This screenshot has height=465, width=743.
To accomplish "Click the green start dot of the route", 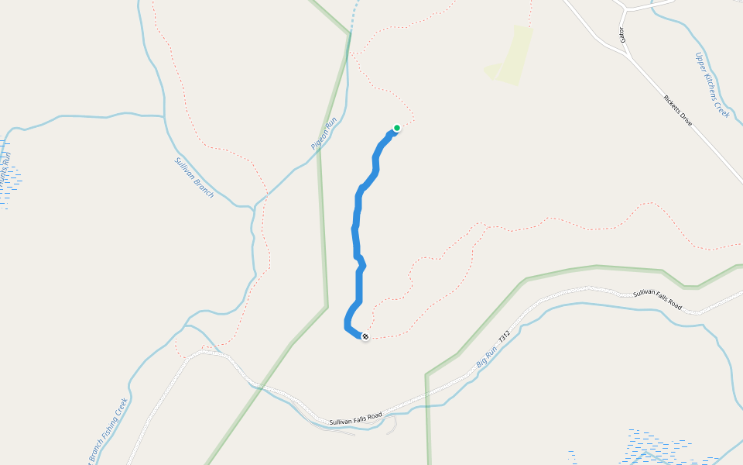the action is click(x=397, y=128).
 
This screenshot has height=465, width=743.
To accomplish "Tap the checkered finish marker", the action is click(x=365, y=336).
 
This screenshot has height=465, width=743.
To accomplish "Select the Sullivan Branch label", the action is click(x=193, y=177).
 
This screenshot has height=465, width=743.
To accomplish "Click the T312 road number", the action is click(x=505, y=339).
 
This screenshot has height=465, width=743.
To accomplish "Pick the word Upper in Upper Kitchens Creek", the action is click(x=701, y=62).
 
